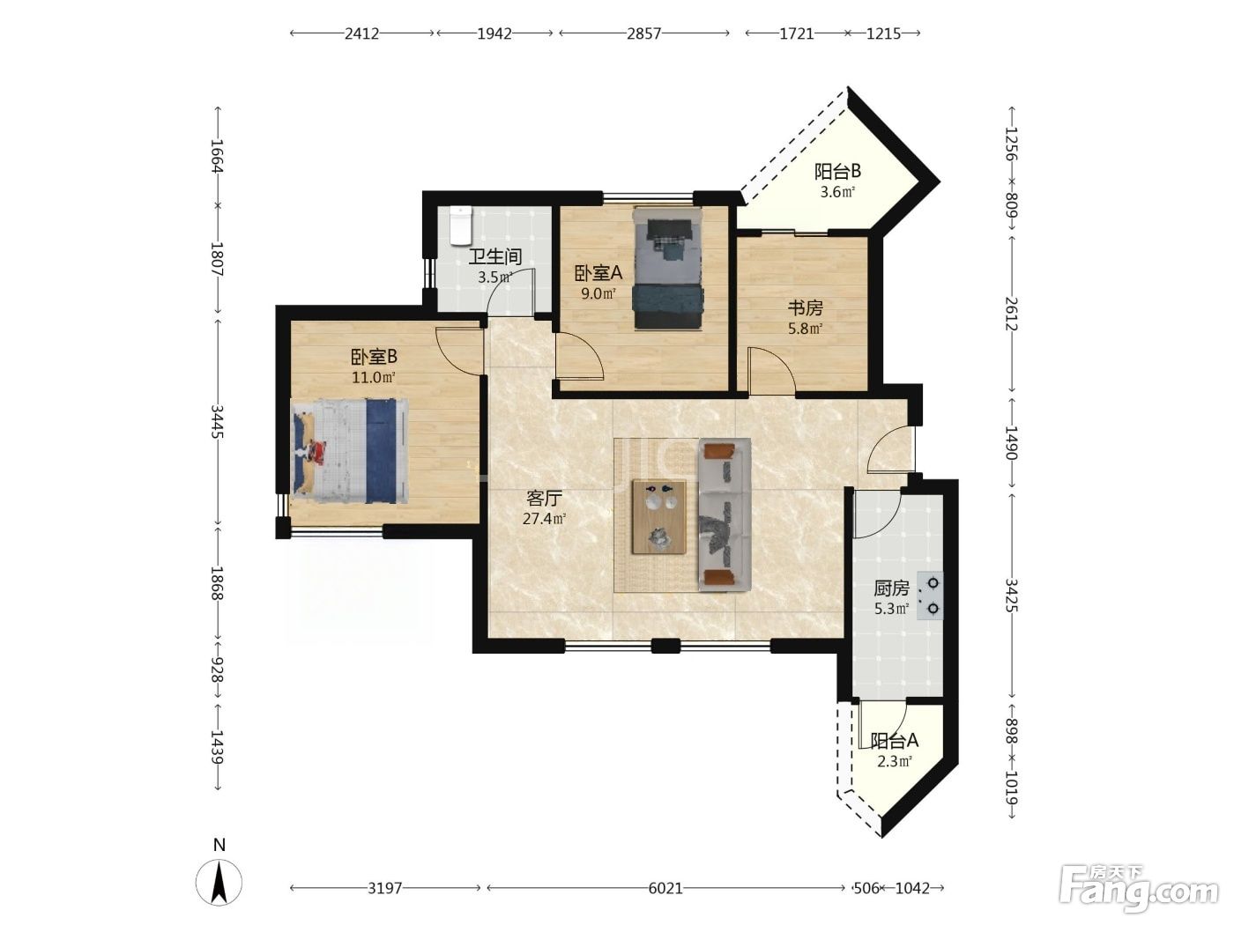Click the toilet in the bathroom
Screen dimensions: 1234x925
pyautogui.click(x=460, y=226)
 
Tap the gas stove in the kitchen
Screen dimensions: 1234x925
pyautogui.click(x=930, y=596)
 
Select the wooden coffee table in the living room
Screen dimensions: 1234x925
pyautogui.click(x=659, y=517)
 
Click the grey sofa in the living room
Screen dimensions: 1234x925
pyautogui.click(x=725, y=514)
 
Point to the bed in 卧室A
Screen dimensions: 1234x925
pyautogui.click(x=668, y=268)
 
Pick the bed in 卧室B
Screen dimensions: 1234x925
pyautogui.click(x=350, y=451)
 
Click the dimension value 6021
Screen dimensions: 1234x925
pyautogui.click(x=665, y=888)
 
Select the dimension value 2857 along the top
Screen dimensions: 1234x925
pyautogui.click(x=643, y=33)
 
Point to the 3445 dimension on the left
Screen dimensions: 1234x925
pyautogui.click(x=218, y=421)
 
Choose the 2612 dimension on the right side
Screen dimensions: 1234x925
pyautogui.click(x=1011, y=314)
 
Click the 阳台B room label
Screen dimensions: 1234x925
pyautogui.click(x=837, y=171)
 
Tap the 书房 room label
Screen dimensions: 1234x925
pyautogui.click(x=805, y=307)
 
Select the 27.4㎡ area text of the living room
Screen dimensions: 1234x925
pyautogui.click(x=544, y=518)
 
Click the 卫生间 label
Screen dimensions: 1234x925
pyautogui.click(x=495, y=256)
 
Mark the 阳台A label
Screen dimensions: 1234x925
pyautogui.click(x=894, y=741)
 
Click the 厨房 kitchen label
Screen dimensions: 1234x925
pyautogui.click(x=892, y=588)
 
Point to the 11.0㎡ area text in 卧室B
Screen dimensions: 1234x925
pyautogui.click(x=374, y=377)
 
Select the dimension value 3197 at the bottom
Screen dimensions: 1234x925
pyautogui.click(x=385, y=888)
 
